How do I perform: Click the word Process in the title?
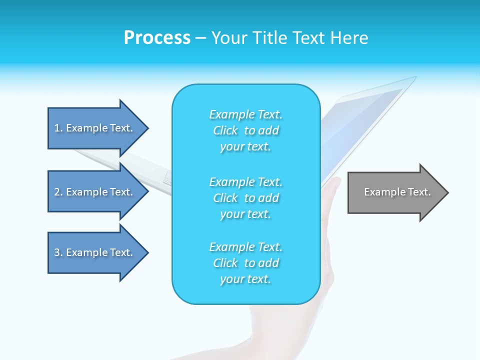(157, 38)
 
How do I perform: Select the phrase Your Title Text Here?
(289, 38)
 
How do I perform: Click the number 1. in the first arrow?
(58, 128)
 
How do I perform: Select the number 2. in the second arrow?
(58, 192)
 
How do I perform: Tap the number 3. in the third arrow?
(58, 252)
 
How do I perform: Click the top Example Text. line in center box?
(245, 114)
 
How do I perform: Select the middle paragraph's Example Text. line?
(245, 181)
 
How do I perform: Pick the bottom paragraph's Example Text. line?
(245, 247)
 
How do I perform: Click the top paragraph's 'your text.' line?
(245, 147)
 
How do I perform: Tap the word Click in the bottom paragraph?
(225, 263)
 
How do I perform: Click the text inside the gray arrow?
(397, 192)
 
